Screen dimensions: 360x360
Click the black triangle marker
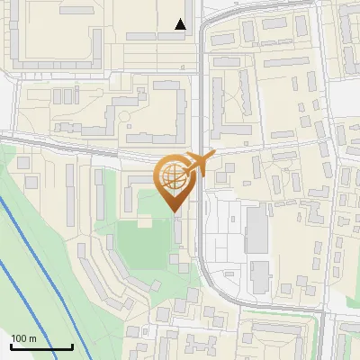click(x=181, y=24)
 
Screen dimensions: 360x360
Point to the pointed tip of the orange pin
click(x=174, y=212)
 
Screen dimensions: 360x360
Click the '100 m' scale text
click(x=22, y=338)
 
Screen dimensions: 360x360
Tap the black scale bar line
click(x=40, y=346)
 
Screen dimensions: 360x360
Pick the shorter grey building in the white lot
click(x=259, y=274)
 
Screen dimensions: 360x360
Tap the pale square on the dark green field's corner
click(x=144, y=220)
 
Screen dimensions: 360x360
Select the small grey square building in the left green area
click(x=31, y=183)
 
